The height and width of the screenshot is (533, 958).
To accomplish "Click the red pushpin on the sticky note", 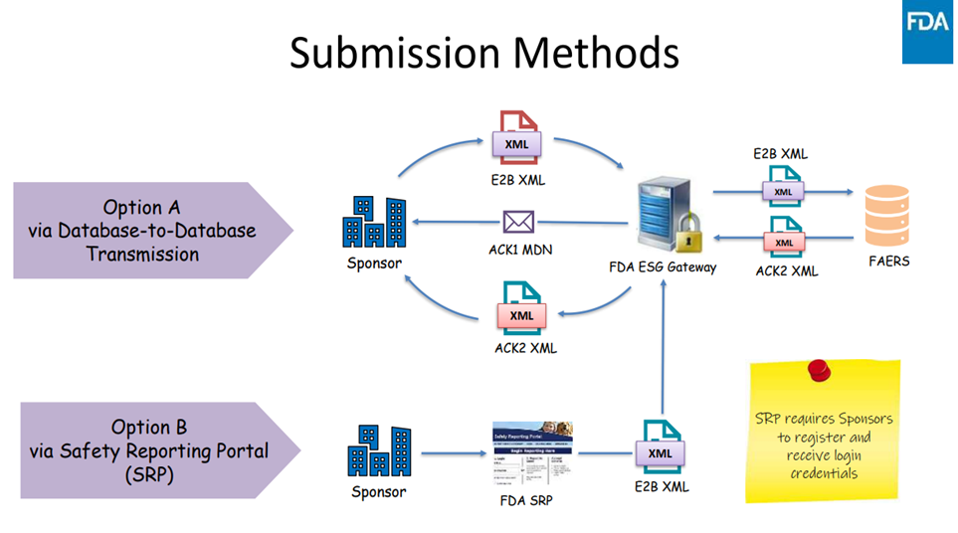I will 820,371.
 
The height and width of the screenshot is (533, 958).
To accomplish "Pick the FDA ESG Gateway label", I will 663,267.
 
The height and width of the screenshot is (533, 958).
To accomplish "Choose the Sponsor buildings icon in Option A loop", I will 374,222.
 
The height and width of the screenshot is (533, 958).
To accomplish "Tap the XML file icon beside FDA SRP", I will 661,448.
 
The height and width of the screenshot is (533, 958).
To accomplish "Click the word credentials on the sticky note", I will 823,472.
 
